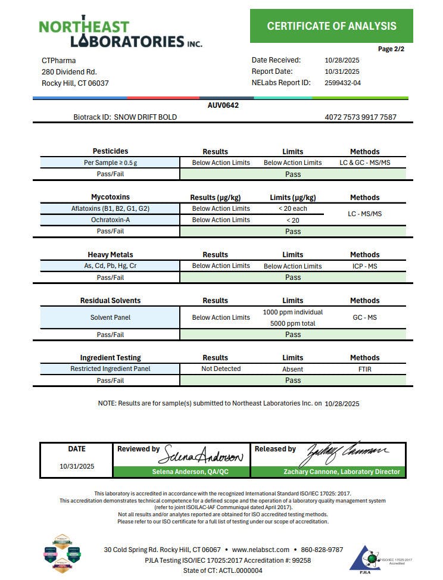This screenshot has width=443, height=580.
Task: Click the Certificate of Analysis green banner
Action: click(331, 26)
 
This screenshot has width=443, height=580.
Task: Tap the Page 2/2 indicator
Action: click(391, 49)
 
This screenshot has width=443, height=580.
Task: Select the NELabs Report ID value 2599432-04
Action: click(342, 83)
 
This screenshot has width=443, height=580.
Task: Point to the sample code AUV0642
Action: click(223, 105)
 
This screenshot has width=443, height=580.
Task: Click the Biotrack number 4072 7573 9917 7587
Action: click(360, 117)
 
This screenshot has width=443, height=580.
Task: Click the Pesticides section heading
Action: click(110, 151)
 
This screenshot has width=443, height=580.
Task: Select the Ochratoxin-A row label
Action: click(110, 220)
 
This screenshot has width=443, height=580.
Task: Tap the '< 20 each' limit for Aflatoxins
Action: click(292, 208)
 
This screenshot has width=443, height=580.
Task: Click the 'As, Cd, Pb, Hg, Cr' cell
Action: click(110, 266)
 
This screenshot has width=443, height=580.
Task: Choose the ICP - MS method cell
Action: click(364, 266)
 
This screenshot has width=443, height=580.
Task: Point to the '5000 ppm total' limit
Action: click(292, 323)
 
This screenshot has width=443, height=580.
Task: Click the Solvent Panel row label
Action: click(110, 317)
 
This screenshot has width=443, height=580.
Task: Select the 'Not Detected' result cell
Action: click(221, 369)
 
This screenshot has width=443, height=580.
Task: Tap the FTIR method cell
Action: click(364, 369)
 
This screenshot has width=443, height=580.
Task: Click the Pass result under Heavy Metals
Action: click(292, 277)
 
